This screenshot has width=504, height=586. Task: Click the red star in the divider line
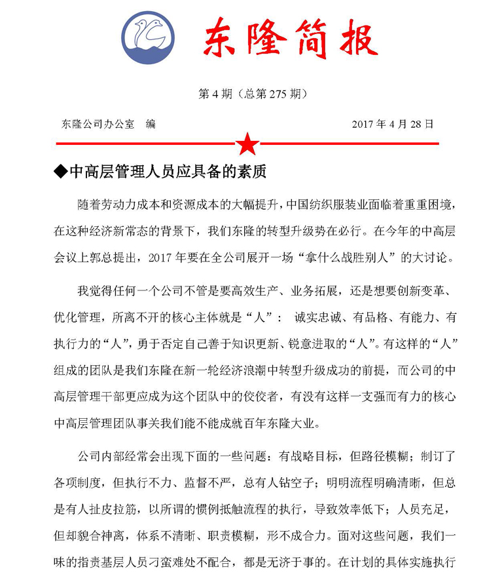click(248, 143)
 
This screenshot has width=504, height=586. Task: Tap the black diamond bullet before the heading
click(61, 172)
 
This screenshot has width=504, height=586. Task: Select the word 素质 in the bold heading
click(253, 172)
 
